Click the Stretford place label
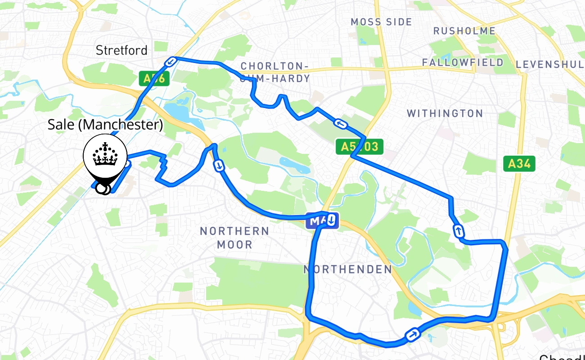pyautogui.click(x=121, y=50)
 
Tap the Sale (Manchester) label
pyautogui.click(x=105, y=125)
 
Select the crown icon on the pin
pyautogui.click(x=104, y=155)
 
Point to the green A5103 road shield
pyautogui.click(x=359, y=146)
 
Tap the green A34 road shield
pyautogui.click(x=519, y=164)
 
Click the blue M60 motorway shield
pyautogui.click(x=316, y=220)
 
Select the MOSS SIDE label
pyautogui.click(x=381, y=22)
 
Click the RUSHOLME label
pyautogui.click(x=464, y=31)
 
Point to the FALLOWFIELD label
pyautogui.click(x=463, y=63)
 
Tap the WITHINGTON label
pyautogui.click(x=445, y=113)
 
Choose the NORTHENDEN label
pyautogui.click(x=348, y=269)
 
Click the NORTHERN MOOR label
pyautogui.click(x=234, y=238)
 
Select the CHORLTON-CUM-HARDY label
pyautogui.click(x=275, y=72)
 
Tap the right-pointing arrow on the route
pyautogui.click(x=412, y=335)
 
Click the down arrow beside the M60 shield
pyautogui.click(x=331, y=220)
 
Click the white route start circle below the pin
pyautogui.click(x=103, y=189)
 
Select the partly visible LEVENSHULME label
pyautogui.click(x=550, y=64)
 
